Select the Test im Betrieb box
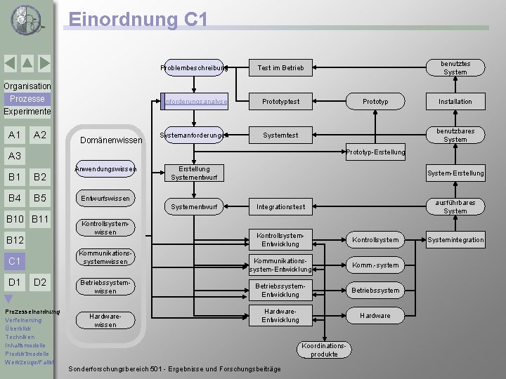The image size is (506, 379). click(x=280, y=68)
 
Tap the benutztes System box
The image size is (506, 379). click(x=455, y=68)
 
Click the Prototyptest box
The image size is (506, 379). click(x=280, y=102)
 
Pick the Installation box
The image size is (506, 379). click(x=455, y=102)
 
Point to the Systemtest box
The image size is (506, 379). click(x=280, y=135)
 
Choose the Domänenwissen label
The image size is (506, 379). click(x=111, y=140)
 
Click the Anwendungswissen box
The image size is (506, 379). click(x=105, y=169)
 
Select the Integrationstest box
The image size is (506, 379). click(x=280, y=207)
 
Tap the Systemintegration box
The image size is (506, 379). click(x=455, y=240)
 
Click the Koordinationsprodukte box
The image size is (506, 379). click(x=324, y=350)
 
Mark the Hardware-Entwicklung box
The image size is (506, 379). click(x=280, y=316)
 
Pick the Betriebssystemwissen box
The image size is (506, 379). click(x=105, y=286)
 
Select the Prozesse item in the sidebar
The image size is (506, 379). click(x=27, y=99)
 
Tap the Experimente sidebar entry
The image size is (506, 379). click(x=27, y=112)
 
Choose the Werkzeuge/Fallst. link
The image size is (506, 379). click(x=29, y=362)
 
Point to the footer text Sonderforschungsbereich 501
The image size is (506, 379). click(x=174, y=369)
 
